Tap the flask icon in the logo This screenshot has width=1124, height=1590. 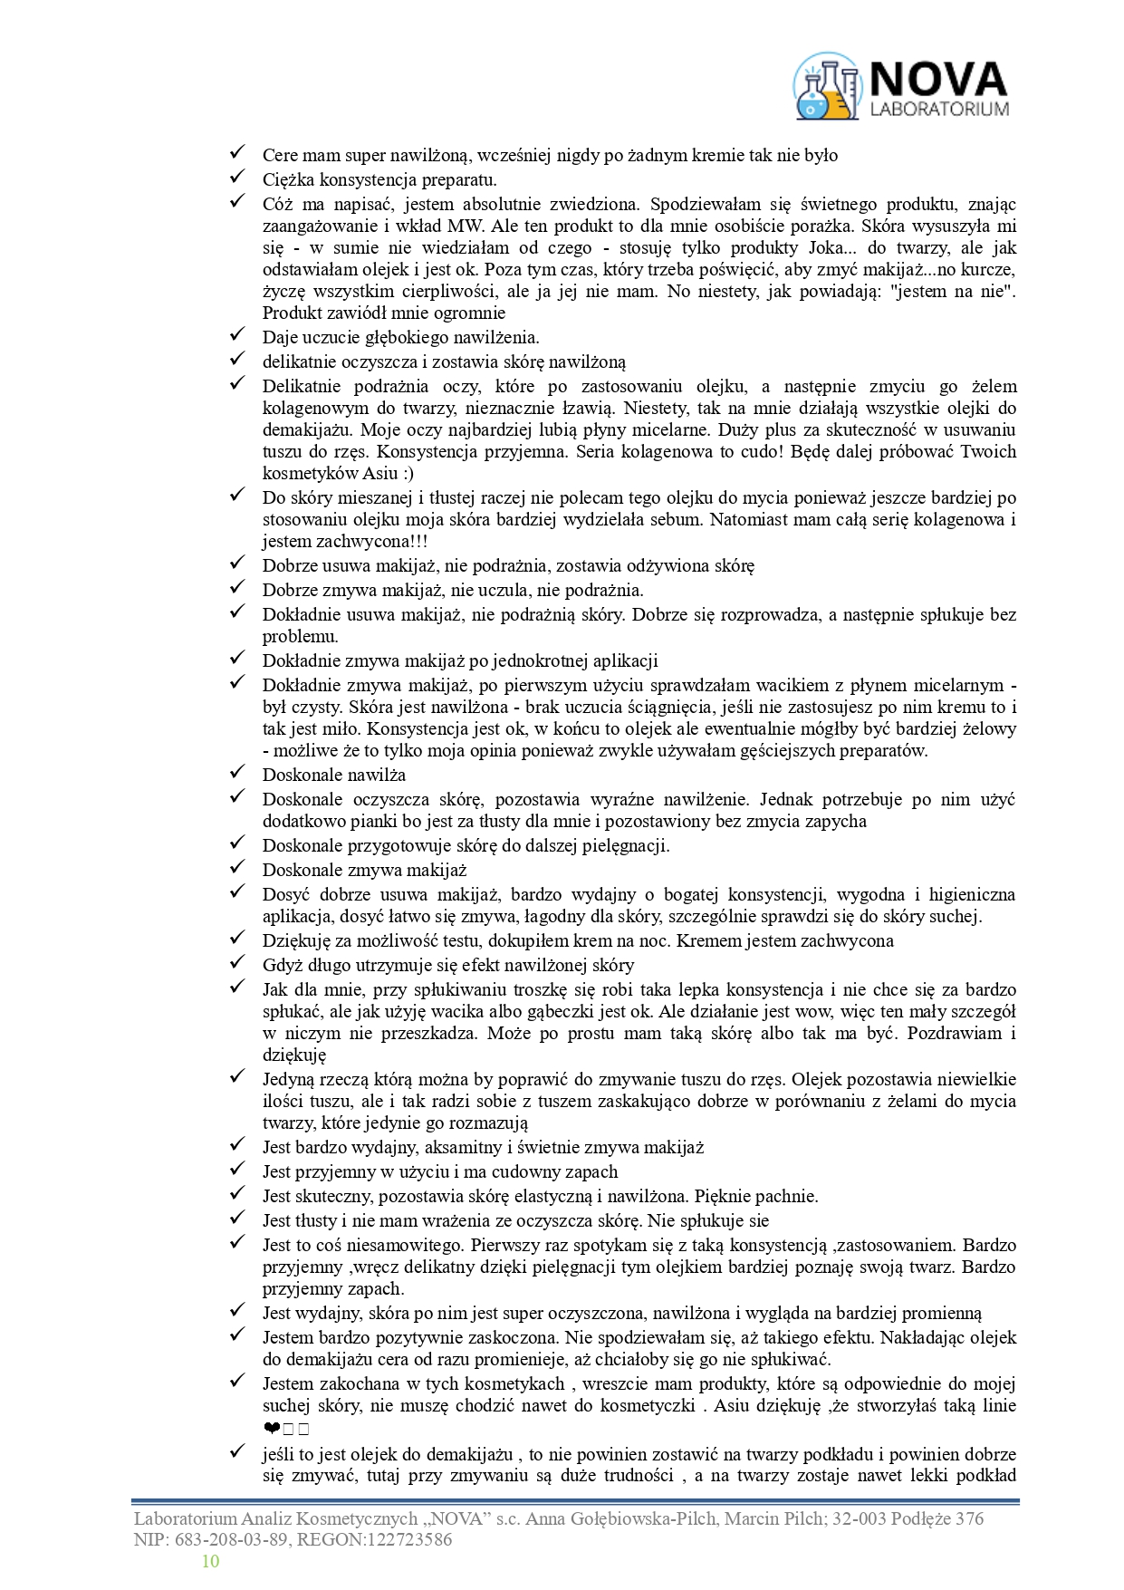pyautogui.click(x=825, y=88)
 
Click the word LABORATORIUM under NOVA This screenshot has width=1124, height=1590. pyautogui.click(x=938, y=110)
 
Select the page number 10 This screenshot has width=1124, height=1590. pyautogui.click(x=210, y=1560)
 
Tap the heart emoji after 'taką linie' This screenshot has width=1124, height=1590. pyautogui.click(x=271, y=1430)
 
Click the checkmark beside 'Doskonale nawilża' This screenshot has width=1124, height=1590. pyautogui.click(x=237, y=773)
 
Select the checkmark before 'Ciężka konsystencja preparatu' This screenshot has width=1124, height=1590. pyautogui.click(x=237, y=178)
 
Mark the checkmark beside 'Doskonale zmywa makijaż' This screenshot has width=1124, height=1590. pyautogui.click(x=237, y=868)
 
